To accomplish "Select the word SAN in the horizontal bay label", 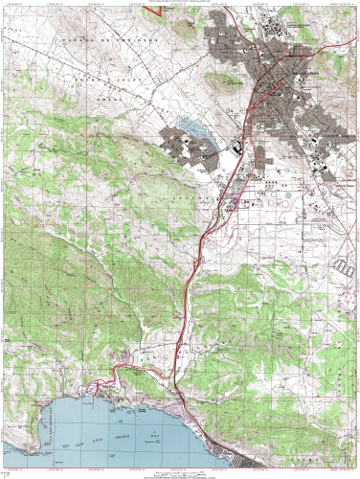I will (x=58, y=422).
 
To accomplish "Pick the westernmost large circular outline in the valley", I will (x=258, y=199).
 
